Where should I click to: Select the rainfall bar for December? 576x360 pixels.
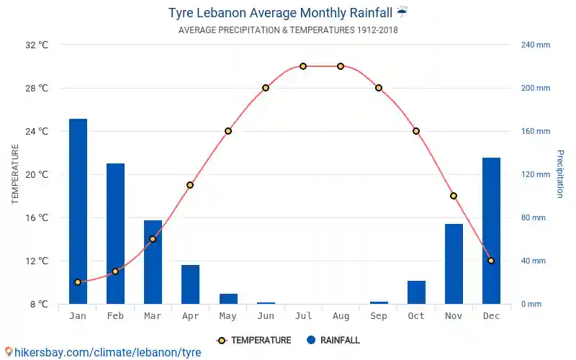click(x=491, y=230)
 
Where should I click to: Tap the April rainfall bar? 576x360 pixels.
click(x=190, y=284)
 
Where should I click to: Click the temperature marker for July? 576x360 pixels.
click(x=303, y=66)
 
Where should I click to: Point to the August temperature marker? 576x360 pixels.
click(x=341, y=66)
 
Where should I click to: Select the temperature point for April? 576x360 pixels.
click(x=190, y=185)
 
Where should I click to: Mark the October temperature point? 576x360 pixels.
click(x=416, y=131)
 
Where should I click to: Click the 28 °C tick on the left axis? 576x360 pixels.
click(x=37, y=88)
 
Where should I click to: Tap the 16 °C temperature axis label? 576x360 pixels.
click(x=37, y=217)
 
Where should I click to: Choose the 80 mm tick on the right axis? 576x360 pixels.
click(x=534, y=217)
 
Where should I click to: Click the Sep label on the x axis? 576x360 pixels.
click(x=378, y=316)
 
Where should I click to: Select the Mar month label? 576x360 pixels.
click(x=153, y=316)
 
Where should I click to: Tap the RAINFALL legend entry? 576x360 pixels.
click(x=333, y=340)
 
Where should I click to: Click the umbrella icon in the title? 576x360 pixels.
click(x=402, y=12)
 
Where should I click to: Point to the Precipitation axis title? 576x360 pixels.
click(x=560, y=174)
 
